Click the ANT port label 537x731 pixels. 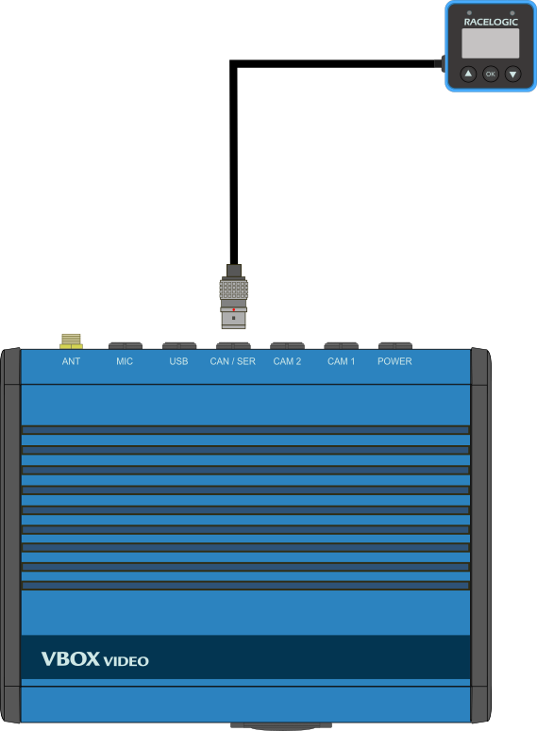[71, 361]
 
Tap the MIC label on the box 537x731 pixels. [125, 361]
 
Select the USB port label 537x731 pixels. [178, 361]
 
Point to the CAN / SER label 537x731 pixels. [233, 361]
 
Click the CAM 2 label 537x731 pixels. [287, 361]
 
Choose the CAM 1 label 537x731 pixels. [341, 361]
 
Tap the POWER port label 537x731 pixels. [394, 361]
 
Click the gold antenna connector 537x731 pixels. [71, 341]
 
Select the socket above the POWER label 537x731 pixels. [395, 346]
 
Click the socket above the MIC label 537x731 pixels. [125, 346]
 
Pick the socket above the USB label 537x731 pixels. [179, 346]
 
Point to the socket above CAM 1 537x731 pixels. [341, 346]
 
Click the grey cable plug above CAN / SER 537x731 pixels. [234, 296]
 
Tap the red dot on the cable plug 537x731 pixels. [234, 309]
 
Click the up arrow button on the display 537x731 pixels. [468, 74]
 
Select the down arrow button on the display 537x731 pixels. [512, 74]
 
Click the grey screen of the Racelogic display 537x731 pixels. [491, 43]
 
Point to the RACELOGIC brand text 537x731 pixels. [491, 22]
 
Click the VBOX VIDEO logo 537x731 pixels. [94, 659]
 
